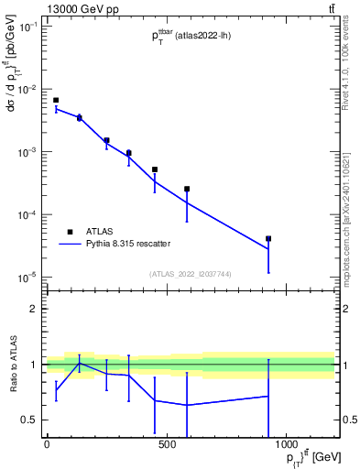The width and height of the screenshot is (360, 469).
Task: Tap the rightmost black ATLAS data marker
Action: click(x=268, y=239)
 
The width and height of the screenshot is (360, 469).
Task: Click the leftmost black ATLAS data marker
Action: click(x=56, y=101)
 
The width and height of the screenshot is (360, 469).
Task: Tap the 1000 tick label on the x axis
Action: click(x=286, y=445)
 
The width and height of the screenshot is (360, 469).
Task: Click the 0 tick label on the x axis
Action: click(x=47, y=445)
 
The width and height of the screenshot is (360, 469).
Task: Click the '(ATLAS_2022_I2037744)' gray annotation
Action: click(x=190, y=273)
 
